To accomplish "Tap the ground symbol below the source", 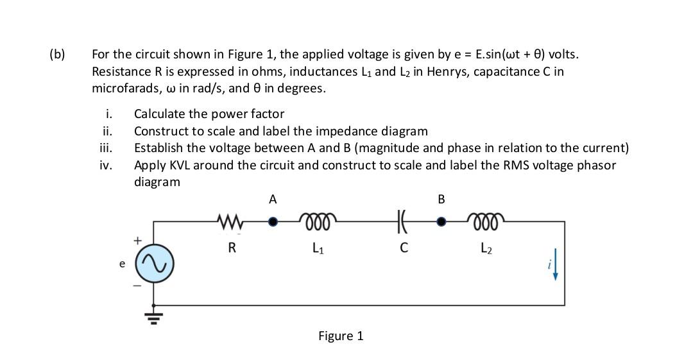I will point(155,314).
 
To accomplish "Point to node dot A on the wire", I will point(273,222).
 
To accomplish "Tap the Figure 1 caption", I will point(341,336).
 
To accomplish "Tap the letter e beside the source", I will point(123,264).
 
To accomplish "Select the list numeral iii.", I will point(107,148).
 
